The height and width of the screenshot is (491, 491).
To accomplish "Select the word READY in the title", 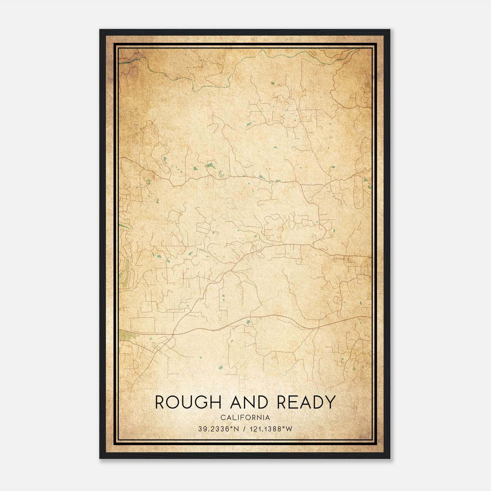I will [x=305, y=402].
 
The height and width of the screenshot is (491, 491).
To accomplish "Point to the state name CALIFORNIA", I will [x=245, y=418].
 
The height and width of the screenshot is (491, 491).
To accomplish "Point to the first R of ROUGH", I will [x=160, y=402].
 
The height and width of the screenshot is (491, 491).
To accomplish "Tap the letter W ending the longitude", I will [x=289, y=429].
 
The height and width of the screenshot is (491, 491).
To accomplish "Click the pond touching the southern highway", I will [x=248, y=322].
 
